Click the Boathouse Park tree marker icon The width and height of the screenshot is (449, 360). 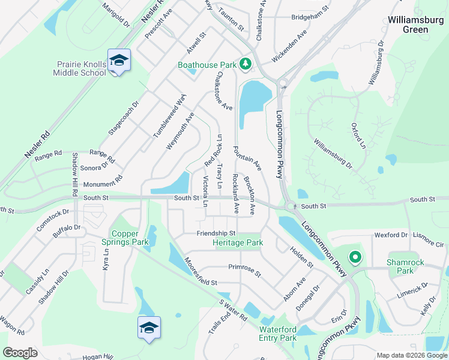[245, 64]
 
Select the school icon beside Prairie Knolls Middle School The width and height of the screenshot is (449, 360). [119, 61]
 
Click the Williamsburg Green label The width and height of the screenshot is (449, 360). [416, 25]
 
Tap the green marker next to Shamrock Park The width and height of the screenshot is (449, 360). [355, 258]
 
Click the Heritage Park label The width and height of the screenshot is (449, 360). [238, 243]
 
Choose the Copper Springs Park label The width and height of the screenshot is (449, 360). [129, 238]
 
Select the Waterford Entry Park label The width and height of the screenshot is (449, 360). [278, 334]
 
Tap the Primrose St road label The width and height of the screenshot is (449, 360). [245, 270]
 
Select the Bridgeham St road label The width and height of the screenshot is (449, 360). [310, 17]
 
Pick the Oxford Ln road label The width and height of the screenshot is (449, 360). [358, 135]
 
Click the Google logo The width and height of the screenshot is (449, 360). [20, 353]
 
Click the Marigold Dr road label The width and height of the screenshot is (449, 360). [116, 15]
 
